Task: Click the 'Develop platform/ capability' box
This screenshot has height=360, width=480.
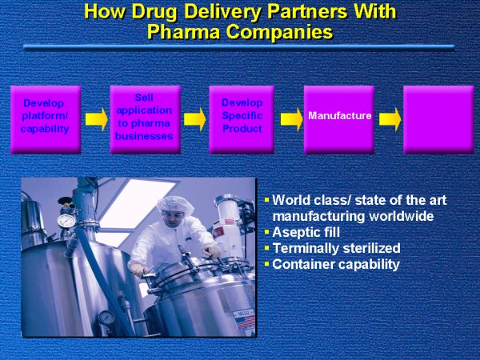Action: (46, 120)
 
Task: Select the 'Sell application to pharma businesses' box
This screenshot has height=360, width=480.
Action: (145, 120)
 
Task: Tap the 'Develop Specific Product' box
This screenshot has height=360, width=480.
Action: (242, 120)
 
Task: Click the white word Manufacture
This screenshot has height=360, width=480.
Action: (340, 115)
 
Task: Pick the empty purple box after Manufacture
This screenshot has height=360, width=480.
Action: (438, 120)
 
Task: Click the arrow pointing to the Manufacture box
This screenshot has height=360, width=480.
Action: (291, 119)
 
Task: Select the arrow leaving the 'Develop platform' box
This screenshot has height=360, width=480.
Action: (97, 119)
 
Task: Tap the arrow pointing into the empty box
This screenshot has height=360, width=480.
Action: (390, 119)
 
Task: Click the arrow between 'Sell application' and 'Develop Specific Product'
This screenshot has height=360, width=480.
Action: (194, 119)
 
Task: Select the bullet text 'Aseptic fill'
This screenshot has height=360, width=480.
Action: (306, 232)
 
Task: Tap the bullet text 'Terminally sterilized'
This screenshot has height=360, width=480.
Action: (337, 248)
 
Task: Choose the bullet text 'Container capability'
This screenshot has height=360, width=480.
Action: (336, 265)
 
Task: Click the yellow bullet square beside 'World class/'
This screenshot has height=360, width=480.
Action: (266, 200)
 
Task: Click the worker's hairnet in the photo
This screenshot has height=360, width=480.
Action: (175, 204)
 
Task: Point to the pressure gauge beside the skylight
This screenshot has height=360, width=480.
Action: (66, 221)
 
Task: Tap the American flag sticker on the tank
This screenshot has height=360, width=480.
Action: (245, 322)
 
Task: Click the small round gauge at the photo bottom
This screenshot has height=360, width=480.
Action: (106, 318)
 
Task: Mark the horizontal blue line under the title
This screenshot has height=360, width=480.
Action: (238, 47)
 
